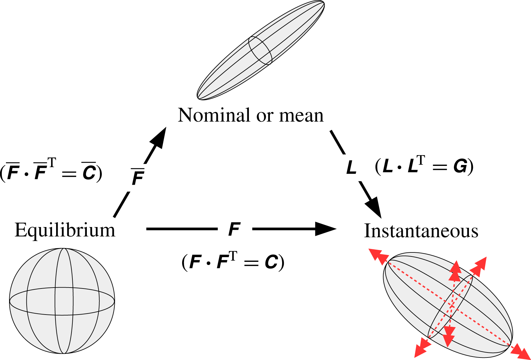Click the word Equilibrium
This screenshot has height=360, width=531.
click(65, 230)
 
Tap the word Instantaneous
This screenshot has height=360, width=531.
click(421, 231)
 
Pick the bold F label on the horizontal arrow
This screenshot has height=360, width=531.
click(234, 229)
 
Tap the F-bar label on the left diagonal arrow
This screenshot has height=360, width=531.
click(138, 177)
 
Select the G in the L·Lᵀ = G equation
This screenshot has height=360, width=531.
click(460, 166)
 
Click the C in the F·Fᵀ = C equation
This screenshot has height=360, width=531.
click(271, 262)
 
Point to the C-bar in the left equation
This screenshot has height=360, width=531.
click(89, 172)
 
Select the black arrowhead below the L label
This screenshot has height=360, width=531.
click(374, 207)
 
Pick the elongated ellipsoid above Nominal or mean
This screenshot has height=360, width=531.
click(260, 50)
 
